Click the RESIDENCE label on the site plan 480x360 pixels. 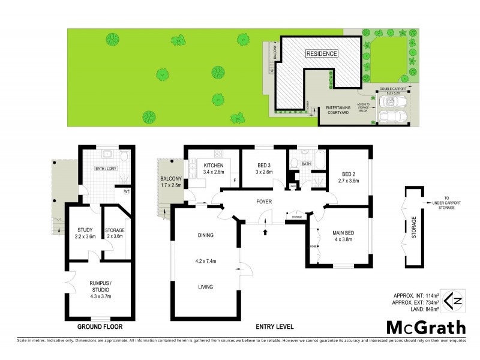click(x=322, y=54)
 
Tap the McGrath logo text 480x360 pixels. click(x=425, y=327)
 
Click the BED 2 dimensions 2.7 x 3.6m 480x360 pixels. click(x=349, y=180)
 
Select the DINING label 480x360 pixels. click(x=205, y=235)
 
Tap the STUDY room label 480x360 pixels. click(x=84, y=229)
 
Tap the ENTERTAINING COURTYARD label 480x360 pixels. click(x=338, y=112)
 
